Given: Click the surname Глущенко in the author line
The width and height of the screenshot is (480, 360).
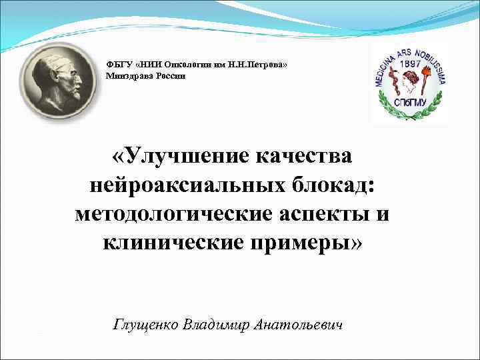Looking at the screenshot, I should tap(147, 325).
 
